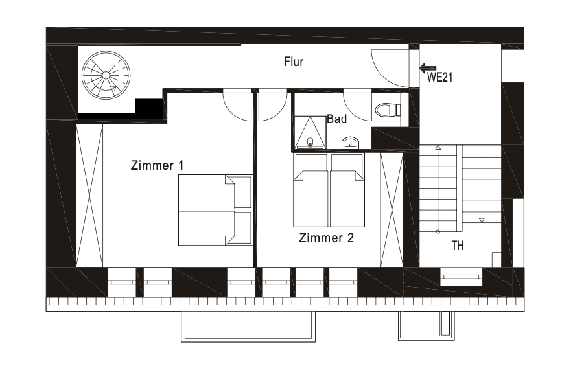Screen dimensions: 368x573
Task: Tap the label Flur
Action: pyautogui.click(x=294, y=62)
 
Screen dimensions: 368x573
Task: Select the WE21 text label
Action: pyautogui.click(x=439, y=78)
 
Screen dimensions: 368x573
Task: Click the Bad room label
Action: pyautogui.click(x=336, y=119)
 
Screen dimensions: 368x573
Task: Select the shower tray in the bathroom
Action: pyautogui.click(x=310, y=133)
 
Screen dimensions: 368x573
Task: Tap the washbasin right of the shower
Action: pyautogui.click(x=350, y=142)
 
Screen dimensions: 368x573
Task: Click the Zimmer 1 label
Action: pyautogui.click(x=157, y=165)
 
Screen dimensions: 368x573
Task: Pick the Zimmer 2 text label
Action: pyautogui.click(x=326, y=238)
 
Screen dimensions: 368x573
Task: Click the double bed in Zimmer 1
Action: pyautogui.click(x=215, y=210)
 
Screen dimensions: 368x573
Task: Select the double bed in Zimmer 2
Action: pyautogui.click(x=329, y=190)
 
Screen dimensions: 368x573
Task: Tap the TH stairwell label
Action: pyautogui.click(x=458, y=246)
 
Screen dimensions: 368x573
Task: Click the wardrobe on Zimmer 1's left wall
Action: pyautogui.click(x=89, y=195)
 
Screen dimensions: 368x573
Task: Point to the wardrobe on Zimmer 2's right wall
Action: pyautogui.click(x=392, y=209)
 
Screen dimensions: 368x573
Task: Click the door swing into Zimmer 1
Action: pyautogui.click(x=237, y=106)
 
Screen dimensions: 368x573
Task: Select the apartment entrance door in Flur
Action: pyautogui.click(x=391, y=67)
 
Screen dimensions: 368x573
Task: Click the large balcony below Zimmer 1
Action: pyautogui.click(x=248, y=326)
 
